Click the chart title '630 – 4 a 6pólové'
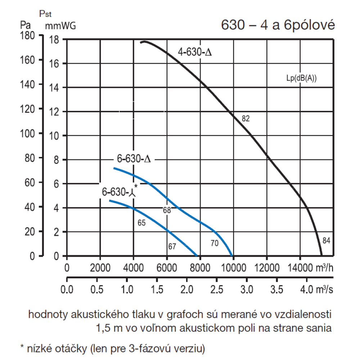click(x=278, y=25)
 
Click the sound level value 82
click(x=246, y=118)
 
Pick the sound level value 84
click(x=327, y=240)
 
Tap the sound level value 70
click(x=214, y=244)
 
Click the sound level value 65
click(x=141, y=223)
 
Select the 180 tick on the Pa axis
click(x=27, y=36)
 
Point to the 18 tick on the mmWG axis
click(x=54, y=40)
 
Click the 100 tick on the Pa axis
click(x=27, y=134)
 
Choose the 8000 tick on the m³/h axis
click(x=200, y=269)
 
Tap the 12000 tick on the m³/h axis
click(x=266, y=269)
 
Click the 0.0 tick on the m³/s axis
click(x=67, y=290)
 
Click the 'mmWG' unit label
click(x=60, y=26)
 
